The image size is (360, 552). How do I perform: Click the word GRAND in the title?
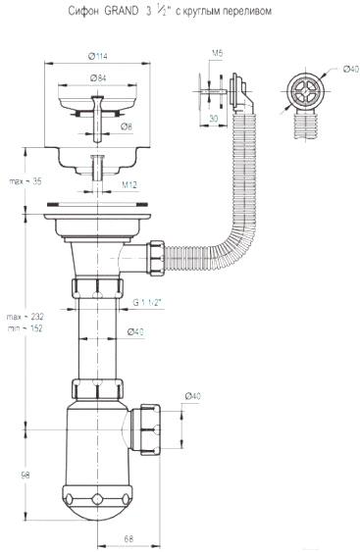[x=122, y=11]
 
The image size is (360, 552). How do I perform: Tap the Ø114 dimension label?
[x=97, y=56]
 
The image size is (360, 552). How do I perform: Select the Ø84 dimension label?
[x=98, y=78]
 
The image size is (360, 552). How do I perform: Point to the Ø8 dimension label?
[x=127, y=127]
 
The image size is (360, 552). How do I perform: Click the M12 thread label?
[x=129, y=185]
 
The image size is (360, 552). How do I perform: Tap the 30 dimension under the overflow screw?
[x=214, y=119]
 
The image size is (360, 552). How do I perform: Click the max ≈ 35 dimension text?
[x=26, y=181]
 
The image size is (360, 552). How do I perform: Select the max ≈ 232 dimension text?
[x=26, y=317]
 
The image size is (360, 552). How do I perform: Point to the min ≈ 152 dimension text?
[x=26, y=328]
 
